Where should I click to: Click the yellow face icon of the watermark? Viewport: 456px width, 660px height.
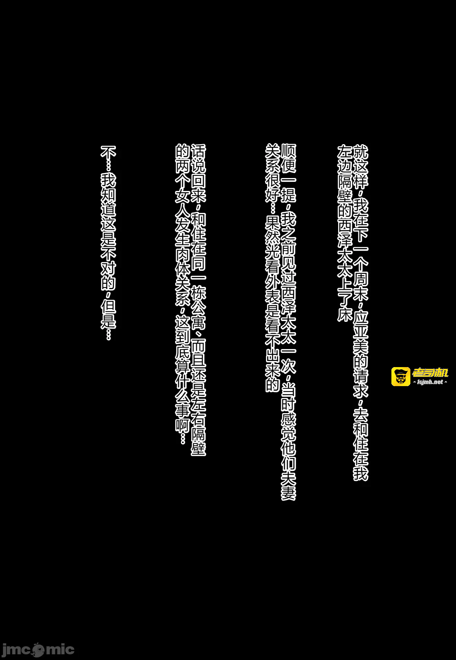(401, 376)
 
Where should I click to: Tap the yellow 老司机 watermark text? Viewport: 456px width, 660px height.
(430, 372)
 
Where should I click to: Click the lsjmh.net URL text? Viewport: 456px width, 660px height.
(430, 382)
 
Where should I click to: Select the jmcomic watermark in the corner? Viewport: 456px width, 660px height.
(38, 649)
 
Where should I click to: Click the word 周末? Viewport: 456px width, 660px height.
(361, 286)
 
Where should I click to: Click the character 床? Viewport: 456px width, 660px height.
(345, 313)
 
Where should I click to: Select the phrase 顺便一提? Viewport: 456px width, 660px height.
(288, 173)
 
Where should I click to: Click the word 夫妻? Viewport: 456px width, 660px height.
(288, 486)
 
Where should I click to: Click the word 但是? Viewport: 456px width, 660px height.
(108, 314)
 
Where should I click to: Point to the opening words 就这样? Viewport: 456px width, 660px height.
(361, 166)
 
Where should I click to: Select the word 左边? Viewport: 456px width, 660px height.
(345, 159)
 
